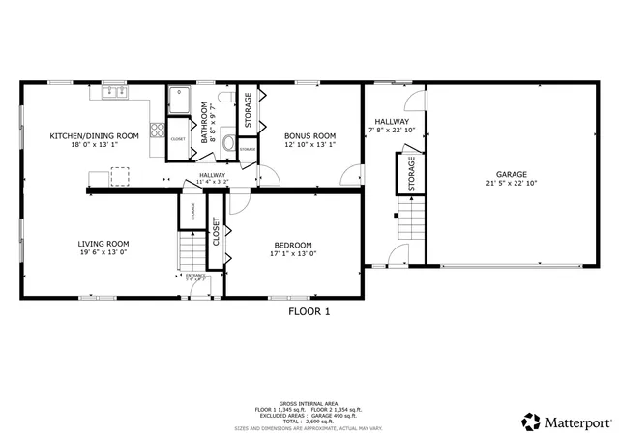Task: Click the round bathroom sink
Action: (228, 145)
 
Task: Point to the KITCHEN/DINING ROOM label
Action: (94, 136)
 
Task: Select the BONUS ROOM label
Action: (309, 136)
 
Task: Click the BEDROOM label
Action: (291, 245)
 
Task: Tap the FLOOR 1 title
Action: (309, 312)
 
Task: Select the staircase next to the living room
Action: (192, 253)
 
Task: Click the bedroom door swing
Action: (239, 204)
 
